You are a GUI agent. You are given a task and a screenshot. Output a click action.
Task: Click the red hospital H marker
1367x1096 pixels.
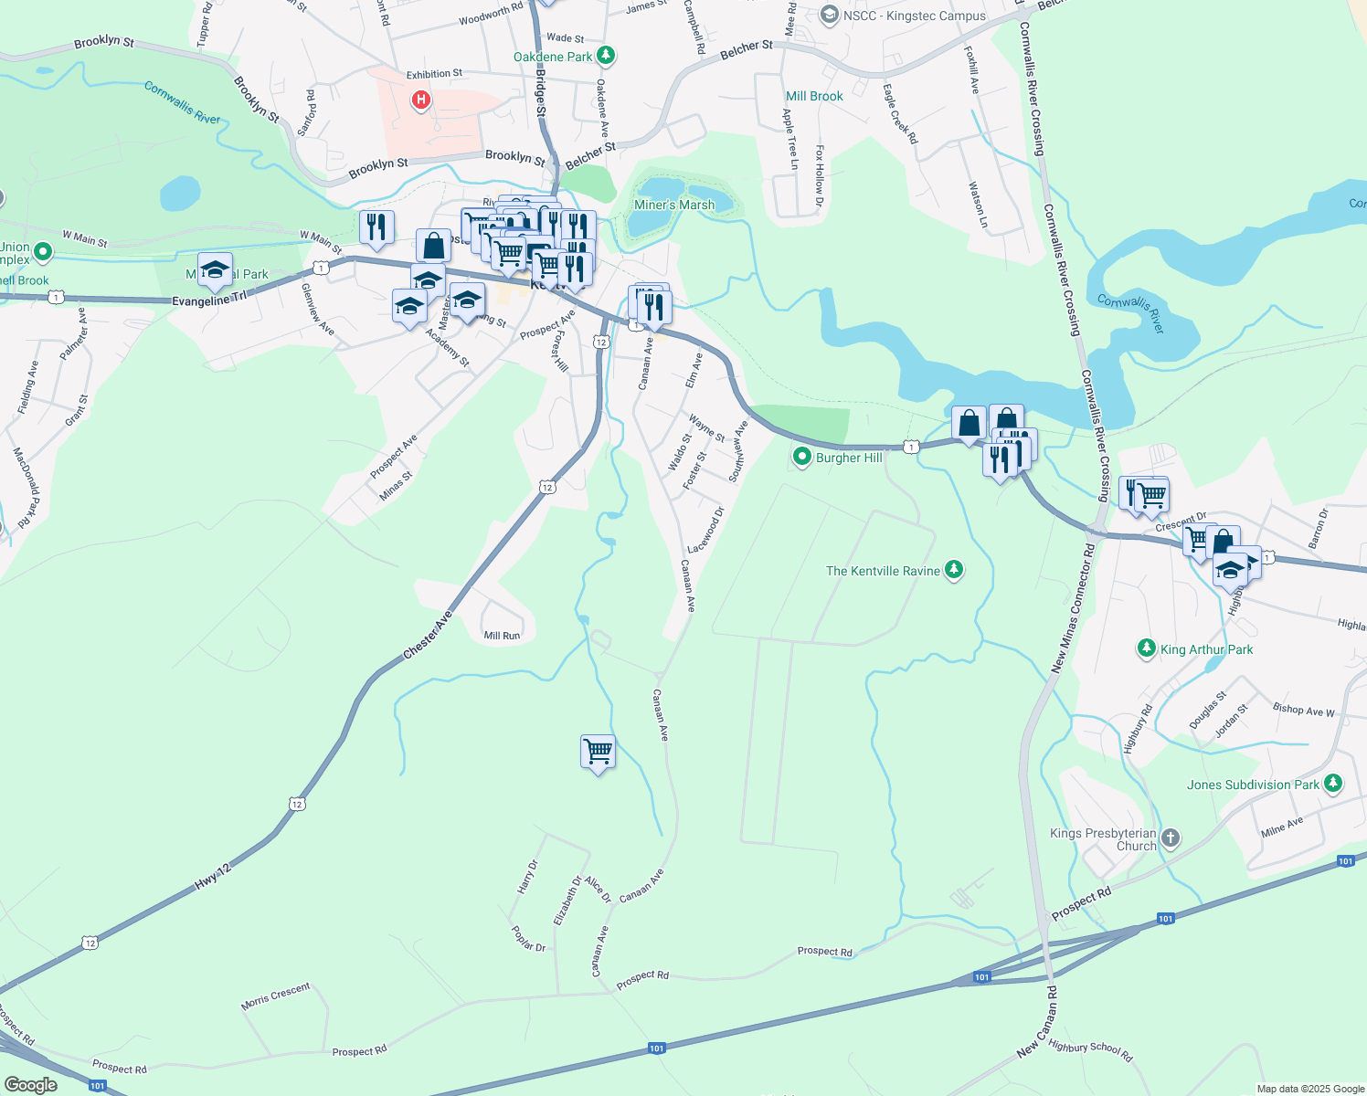click(420, 100)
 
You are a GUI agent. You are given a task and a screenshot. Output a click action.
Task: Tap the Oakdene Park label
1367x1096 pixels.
click(553, 57)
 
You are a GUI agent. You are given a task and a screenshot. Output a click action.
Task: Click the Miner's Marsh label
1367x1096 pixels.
click(674, 205)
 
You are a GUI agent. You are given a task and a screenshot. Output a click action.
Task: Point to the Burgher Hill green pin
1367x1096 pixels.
click(802, 457)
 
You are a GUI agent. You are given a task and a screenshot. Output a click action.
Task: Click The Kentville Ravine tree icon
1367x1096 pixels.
click(954, 571)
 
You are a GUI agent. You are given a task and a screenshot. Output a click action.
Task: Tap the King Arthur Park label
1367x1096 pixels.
click(1206, 649)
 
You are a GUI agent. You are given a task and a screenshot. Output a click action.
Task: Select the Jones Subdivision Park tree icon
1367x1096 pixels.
click(1333, 784)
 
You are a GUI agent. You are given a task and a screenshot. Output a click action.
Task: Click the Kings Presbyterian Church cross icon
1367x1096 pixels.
click(1171, 838)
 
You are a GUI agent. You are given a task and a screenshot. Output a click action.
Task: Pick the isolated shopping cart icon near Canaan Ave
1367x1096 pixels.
click(598, 752)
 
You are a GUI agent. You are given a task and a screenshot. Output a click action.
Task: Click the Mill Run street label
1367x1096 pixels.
click(502, 636)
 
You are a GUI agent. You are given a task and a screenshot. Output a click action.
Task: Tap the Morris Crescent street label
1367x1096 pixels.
click(276, 995)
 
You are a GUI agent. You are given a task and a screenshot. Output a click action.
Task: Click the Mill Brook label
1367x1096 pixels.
click(814, 96)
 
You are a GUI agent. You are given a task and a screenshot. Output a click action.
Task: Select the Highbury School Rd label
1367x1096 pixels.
click(1090, 1050)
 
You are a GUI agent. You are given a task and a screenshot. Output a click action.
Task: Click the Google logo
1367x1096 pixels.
click(31, 1085)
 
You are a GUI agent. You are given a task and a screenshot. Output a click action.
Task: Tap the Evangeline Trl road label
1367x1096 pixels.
click(209, 300)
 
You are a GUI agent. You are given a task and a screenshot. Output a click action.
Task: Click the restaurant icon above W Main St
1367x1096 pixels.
click(376, 227)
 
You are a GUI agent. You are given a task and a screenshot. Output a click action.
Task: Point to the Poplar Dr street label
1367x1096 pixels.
click(529, 938)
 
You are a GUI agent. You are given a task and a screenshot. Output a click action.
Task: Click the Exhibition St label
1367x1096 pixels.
click(434, 74)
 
